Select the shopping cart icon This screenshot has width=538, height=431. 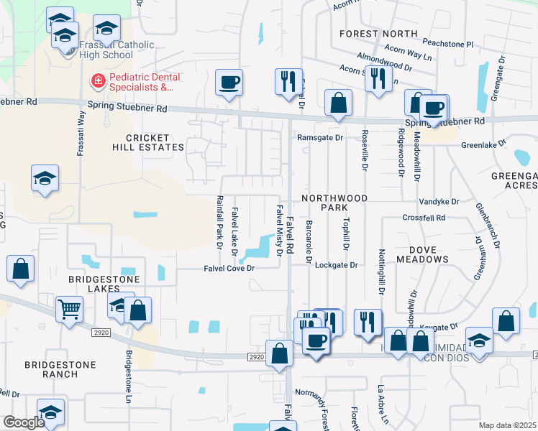[70, 310]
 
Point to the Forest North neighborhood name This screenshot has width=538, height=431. [378, 34]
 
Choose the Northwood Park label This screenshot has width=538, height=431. [334, 202]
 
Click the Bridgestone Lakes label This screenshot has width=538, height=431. [102, 284]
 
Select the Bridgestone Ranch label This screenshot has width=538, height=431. [60, 369]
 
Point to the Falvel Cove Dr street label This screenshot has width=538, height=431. [229, 268]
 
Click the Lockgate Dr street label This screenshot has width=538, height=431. [336, 264]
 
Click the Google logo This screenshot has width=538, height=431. [24, 422]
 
